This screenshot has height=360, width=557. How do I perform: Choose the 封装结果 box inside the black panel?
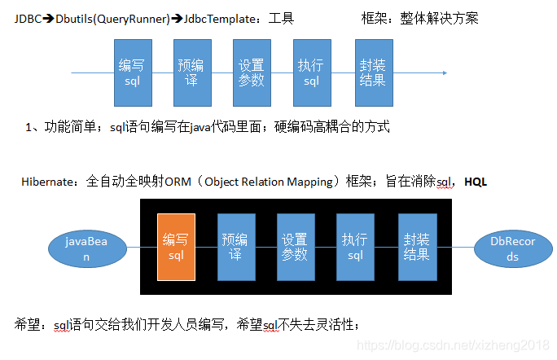pyautogui.click(x=417, y=246)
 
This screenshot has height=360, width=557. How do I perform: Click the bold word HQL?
pyautogui.click(x=475, y=182)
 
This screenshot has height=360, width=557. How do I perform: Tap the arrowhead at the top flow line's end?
pyautogui.click(x=444, y=72)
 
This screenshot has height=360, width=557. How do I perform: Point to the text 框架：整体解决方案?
pyautogui.click(x=419, y=18)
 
